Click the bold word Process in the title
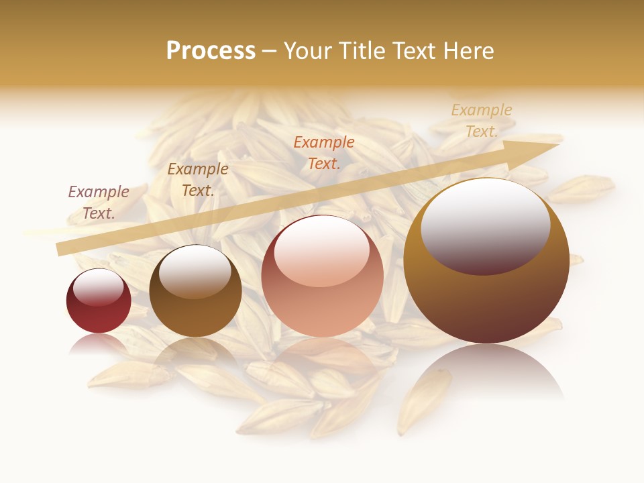point(211,51)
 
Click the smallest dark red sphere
point(99,301)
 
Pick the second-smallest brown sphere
point(195,291)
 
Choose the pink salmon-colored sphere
point(322,276)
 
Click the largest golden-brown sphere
point(486,261)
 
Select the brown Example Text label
point(197,180)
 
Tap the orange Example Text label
point(324,152)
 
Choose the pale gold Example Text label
point(481,121)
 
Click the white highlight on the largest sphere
point(485,225)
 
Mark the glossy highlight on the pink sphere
point(322,250)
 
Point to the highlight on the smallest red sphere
point(99,287)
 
